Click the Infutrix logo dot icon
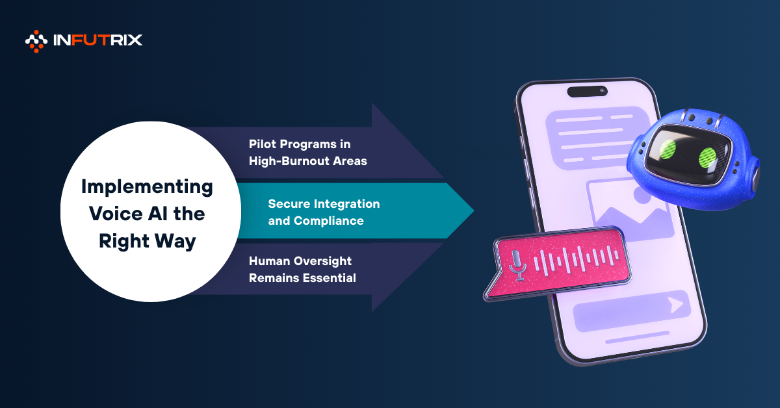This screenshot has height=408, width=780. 36,42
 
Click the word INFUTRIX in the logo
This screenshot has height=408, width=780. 98,40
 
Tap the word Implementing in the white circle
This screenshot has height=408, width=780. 147,188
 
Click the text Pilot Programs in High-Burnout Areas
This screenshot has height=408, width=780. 308,153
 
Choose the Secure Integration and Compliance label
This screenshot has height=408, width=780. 324,212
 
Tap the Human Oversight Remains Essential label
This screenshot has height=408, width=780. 302,270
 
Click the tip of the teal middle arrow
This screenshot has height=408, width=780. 474,210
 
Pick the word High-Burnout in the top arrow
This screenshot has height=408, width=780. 289,161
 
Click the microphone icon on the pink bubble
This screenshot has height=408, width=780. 517,265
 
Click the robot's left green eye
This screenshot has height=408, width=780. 668,149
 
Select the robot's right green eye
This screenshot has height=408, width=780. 707,158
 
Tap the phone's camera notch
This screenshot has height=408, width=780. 588,91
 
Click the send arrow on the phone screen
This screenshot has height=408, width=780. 676,305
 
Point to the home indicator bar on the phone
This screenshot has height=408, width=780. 638,337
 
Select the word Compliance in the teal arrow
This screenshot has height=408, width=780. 329,221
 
